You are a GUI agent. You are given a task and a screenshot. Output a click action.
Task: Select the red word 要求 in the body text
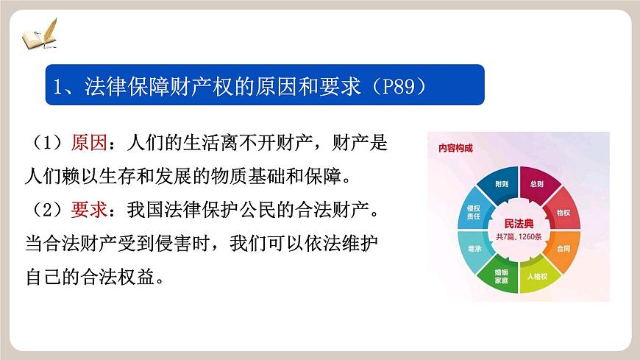click(x=89, y=211)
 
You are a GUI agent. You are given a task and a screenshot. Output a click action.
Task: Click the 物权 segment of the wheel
click(x=563, y=212)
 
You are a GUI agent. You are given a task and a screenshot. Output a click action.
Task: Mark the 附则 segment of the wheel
click(x=501, y=184)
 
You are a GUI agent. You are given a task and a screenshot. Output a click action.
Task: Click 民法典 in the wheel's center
click(x=519, y=222)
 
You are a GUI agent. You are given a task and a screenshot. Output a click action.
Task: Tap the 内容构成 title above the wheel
click(x=455, y=147)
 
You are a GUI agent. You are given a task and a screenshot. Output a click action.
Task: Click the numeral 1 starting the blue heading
click(x=58, y=86)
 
